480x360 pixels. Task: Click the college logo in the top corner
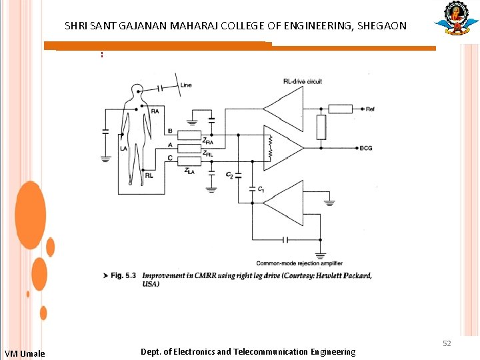(456, 18)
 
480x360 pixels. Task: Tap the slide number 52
(447, 343)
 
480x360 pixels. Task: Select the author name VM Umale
(25, 353)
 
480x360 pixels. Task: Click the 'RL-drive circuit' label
(302, 81)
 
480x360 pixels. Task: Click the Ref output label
(370, 108)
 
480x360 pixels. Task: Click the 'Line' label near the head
(186, 85)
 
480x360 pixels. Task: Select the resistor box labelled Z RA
(190, 135)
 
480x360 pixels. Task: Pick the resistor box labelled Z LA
(190, 161)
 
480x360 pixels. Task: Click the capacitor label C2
(230, 175)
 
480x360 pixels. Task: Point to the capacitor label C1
(261, 190)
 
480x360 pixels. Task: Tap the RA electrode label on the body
(155, 111)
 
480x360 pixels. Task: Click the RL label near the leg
(149, 175)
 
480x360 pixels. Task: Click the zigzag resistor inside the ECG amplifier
(271, 148)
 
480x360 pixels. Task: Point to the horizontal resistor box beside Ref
(339, 108)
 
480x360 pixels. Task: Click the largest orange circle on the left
(30, 215)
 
